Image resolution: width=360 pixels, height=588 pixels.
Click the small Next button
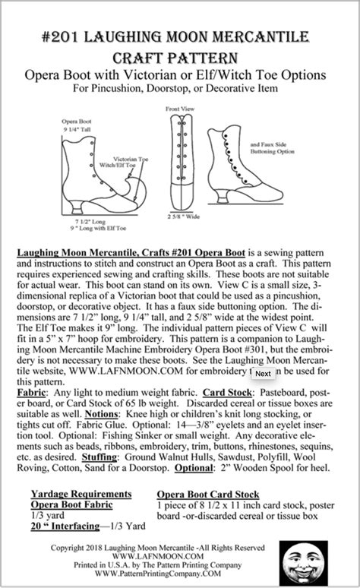point(263,373)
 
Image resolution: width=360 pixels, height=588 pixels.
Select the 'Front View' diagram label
point(178,109)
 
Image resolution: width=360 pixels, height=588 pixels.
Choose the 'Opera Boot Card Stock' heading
point(208,494)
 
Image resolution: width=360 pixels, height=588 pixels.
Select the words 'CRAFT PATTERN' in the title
point(180,58)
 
